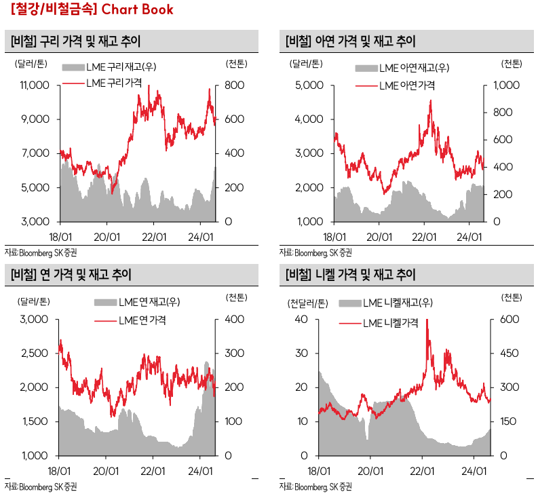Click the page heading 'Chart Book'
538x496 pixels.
[137, 9]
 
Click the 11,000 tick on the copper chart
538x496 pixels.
[35, 85]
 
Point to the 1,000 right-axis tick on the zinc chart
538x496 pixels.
[504, 85]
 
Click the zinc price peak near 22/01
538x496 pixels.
[431, 101]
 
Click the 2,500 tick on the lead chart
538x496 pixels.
[37, 354]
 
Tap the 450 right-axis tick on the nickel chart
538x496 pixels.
[510, 354]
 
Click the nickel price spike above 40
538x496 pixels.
[427, 322]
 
